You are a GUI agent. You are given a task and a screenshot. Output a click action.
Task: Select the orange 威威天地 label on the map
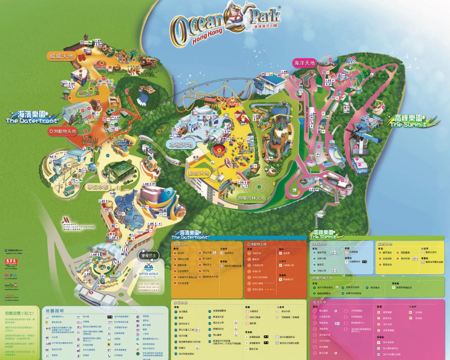coord(60,56)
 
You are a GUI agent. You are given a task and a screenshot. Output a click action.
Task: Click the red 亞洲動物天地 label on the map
coord(63,131)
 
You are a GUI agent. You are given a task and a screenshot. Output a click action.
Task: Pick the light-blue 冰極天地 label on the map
coord(181,144)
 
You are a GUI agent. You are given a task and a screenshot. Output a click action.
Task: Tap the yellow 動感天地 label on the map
coord(198,173)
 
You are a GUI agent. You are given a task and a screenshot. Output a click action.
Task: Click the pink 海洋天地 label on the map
coord(304,63)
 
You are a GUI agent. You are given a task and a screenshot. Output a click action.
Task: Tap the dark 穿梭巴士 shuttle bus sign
coord(149,256)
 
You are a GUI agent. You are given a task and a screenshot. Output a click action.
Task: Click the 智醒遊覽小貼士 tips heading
coord(19,313)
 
